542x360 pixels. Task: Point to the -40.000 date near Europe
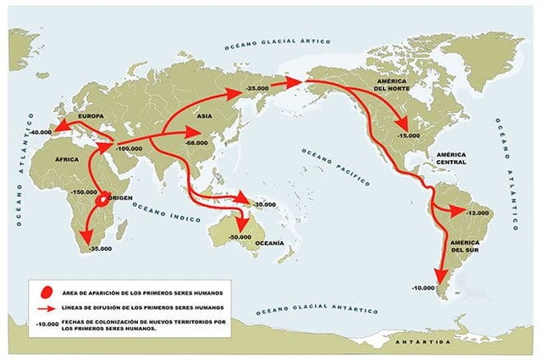[x=40, y=133]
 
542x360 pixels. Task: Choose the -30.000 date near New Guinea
[x=263, y=205]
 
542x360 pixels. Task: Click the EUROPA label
[x=91, y=114]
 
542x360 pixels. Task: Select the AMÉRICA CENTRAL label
[x=454, y=160]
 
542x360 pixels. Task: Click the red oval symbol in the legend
[x=46, y=289]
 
